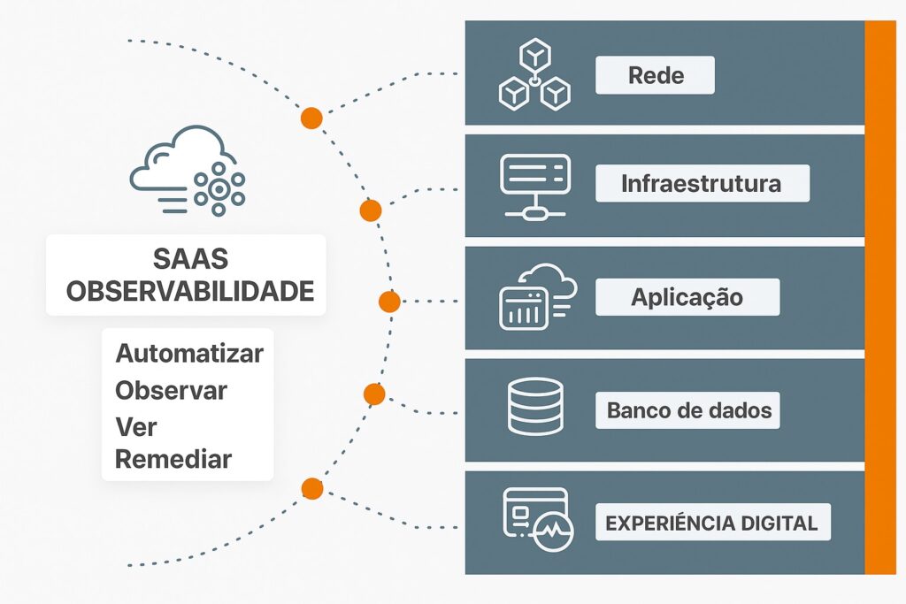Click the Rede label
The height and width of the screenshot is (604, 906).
655,75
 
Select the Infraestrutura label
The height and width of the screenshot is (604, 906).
702,184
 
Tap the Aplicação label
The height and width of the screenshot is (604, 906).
687,297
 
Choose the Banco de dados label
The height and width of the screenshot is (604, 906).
688,410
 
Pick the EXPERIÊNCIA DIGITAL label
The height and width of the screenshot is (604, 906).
711,523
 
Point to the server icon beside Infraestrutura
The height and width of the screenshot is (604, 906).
535,186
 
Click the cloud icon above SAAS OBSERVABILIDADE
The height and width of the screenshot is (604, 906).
188,170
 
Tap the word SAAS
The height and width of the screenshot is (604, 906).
190,259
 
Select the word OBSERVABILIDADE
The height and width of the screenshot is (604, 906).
190,291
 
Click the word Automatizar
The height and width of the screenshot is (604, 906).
189,354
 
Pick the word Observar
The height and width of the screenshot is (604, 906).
171,390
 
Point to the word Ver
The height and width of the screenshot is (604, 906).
135,426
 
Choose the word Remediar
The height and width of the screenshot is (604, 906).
173,460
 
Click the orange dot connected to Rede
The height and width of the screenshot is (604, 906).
311,119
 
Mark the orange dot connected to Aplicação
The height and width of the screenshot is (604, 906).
389,302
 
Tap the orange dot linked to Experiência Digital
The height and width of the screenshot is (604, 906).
311,488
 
